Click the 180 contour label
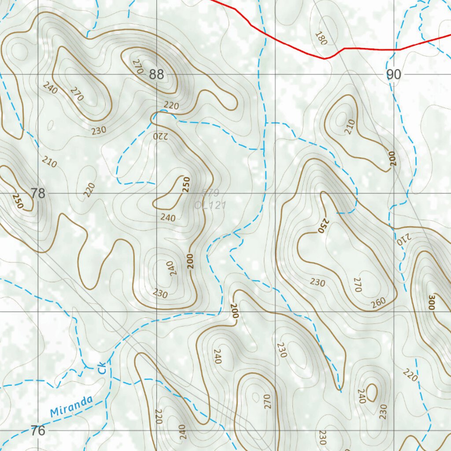[322, 39]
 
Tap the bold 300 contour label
[432, 303]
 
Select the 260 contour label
[378, 302]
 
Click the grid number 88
[156, 74]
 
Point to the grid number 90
[394, 75]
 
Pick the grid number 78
[38, 193]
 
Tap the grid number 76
[38, 430]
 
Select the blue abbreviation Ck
[102, 368]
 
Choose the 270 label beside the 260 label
[357, 285]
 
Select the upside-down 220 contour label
[160, 136]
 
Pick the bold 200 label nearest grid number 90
[392, 159]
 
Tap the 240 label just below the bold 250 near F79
[168, 218]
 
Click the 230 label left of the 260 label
[317, 282]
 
